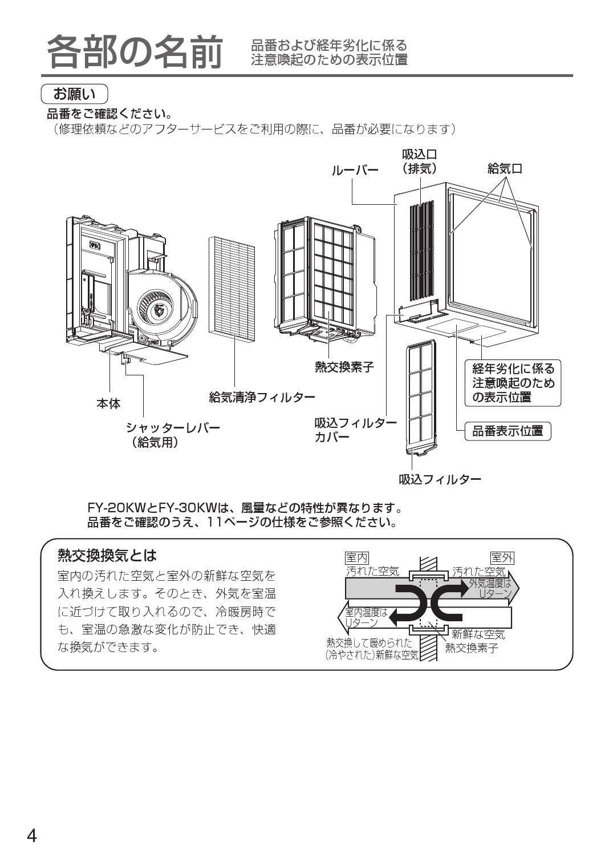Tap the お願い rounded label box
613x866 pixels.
(75, 93)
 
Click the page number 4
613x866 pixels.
(32, 836)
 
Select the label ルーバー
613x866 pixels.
(355, 170)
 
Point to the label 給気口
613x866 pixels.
(505, 169)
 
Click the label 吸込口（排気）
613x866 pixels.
(420, 161)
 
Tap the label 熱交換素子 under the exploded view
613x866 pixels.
(344, 367)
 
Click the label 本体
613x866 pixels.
(108, 404)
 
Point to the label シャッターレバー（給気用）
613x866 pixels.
(173, 435)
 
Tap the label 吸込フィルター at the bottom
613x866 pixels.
(440, 479)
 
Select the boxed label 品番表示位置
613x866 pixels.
(508, 431)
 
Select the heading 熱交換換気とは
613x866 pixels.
(107, 555)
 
